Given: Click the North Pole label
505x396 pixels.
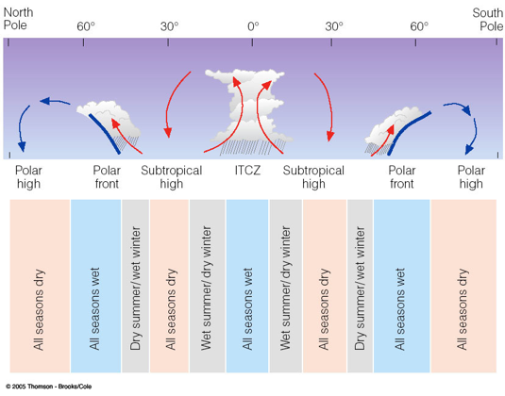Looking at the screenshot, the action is click(x=18, y=19).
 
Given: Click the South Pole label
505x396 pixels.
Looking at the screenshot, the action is click(x=488, y=19).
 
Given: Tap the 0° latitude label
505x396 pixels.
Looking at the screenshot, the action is click(x=253, y=26).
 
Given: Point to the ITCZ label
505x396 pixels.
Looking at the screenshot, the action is click(x=247, y=170).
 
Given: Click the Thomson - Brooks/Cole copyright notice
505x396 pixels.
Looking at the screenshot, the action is click(x=49, y=387).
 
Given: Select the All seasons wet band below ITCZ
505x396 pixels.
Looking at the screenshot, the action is click(x=247, y=286).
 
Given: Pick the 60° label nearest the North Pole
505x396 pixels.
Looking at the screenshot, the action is click(x=86, y=26).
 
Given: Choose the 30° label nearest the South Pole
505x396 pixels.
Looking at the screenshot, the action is click(x=334, y=26).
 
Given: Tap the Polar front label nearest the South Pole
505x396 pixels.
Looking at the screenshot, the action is click(x=401, y=177).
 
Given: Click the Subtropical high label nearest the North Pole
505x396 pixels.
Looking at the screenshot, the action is click(x=172, y=177).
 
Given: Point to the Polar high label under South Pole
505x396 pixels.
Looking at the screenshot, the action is click(x=471, y=177).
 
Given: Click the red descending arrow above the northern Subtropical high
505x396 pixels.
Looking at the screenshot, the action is click(x=173, y=102).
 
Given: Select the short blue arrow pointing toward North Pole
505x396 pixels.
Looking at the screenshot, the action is click(x=55, y=101).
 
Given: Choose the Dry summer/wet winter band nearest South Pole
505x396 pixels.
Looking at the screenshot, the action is click(x=360, y=286).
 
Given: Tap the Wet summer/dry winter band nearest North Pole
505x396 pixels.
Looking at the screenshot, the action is click(x=207, y=286).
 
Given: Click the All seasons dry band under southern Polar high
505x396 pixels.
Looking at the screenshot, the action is click(x=463, y=286).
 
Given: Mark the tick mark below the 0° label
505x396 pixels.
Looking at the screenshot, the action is click(x=252, y=42).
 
